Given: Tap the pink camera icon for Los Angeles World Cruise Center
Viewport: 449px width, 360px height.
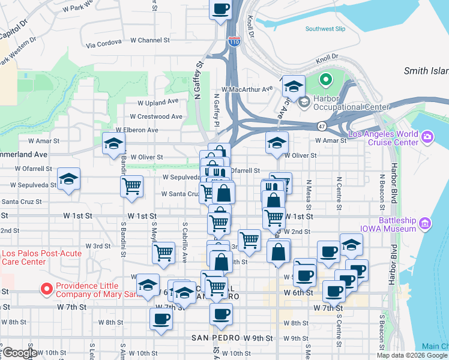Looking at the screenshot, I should pos(427,137).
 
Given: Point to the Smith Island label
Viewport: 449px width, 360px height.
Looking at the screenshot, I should pos(426,71).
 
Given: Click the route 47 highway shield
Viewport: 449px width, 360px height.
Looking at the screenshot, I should pos(322,126).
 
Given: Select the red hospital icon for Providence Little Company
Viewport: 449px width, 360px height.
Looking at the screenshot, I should pos(46,289).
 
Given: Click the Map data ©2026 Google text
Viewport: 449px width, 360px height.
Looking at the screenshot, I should pos(412,355).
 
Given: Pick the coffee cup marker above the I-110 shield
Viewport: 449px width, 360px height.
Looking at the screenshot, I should pos(221,10).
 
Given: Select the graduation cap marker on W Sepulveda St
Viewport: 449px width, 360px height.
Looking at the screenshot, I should pos(68,179).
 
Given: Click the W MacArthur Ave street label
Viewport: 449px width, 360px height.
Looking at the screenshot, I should pos(247,89).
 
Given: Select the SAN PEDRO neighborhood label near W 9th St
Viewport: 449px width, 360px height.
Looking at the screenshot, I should pos(215,338).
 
